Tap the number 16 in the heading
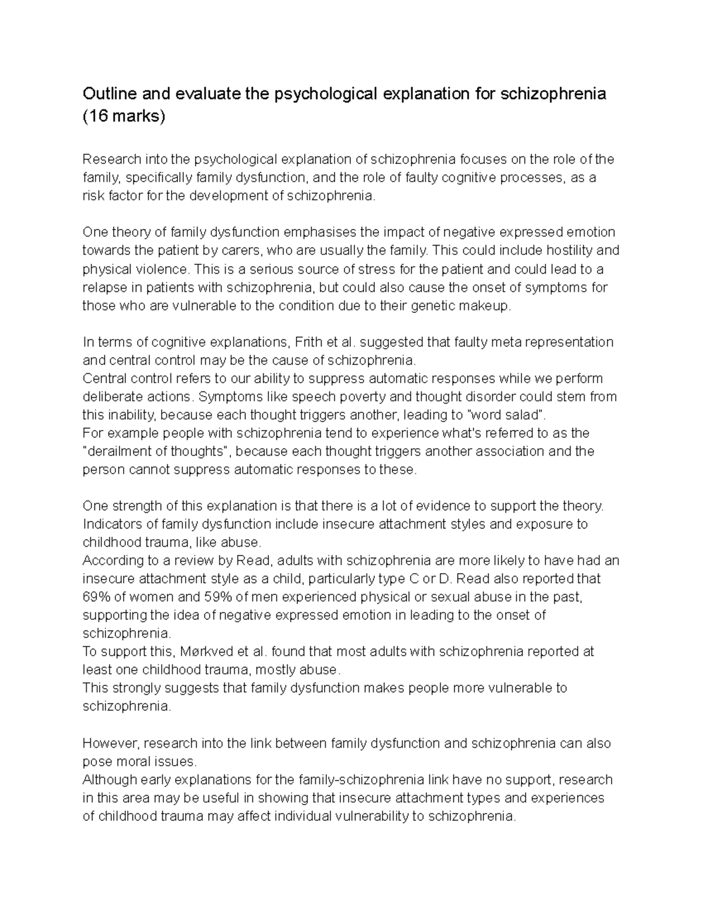click(x=97, y=116)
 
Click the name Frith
click(x=309, y=342)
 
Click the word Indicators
click(x=111, y=524)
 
